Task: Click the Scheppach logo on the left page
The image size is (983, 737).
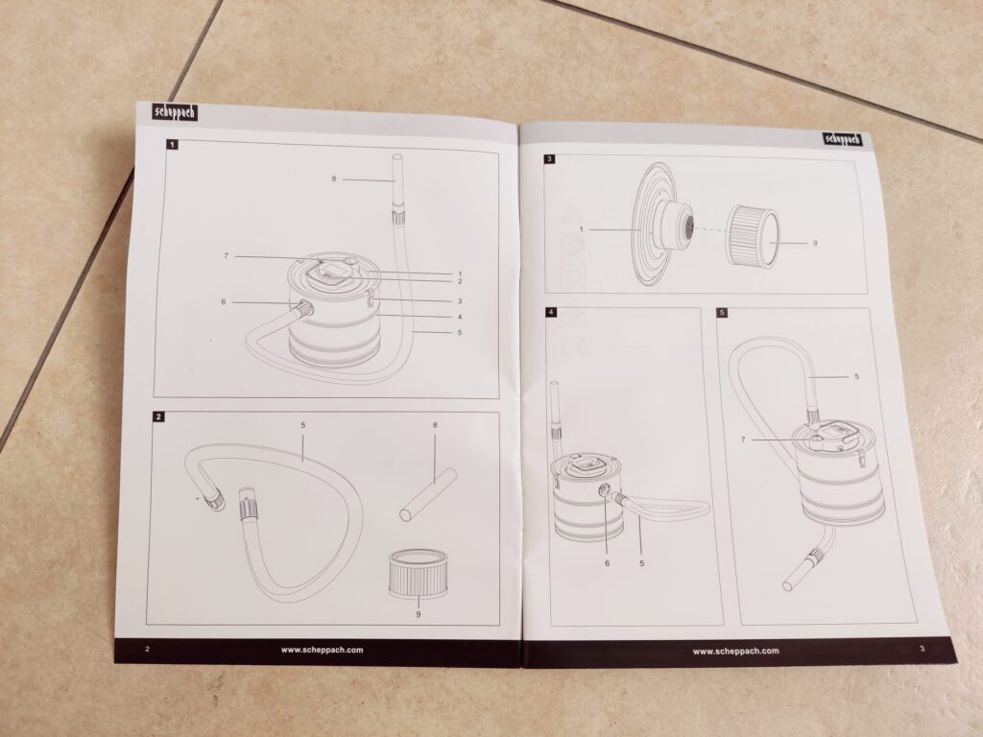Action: pos(176,112)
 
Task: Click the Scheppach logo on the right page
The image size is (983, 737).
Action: pos(843,139)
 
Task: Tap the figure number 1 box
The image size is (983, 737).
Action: pos(173,145)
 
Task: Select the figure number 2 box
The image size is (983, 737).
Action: pos(158,416)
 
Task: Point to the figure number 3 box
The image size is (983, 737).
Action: pos(550,159)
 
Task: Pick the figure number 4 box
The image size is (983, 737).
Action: pos(550,312)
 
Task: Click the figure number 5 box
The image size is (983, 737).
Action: pos(722,312)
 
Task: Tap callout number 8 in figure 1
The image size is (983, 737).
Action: pos(334,179)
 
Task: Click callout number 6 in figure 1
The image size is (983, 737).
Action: pos(223,302)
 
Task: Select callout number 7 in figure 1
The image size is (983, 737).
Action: pos(227,255)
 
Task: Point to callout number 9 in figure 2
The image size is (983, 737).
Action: pos(419,614)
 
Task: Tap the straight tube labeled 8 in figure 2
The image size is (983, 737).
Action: pos(428,493)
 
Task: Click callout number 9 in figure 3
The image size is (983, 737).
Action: pos(815,243)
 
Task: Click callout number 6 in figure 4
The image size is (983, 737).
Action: pos(607,563)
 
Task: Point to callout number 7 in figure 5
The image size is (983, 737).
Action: pos(744,440)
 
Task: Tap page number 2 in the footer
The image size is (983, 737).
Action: pos(147,650)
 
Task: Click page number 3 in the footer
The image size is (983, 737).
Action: pos(923,649)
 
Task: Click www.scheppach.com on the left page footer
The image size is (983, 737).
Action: pos(323,650)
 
